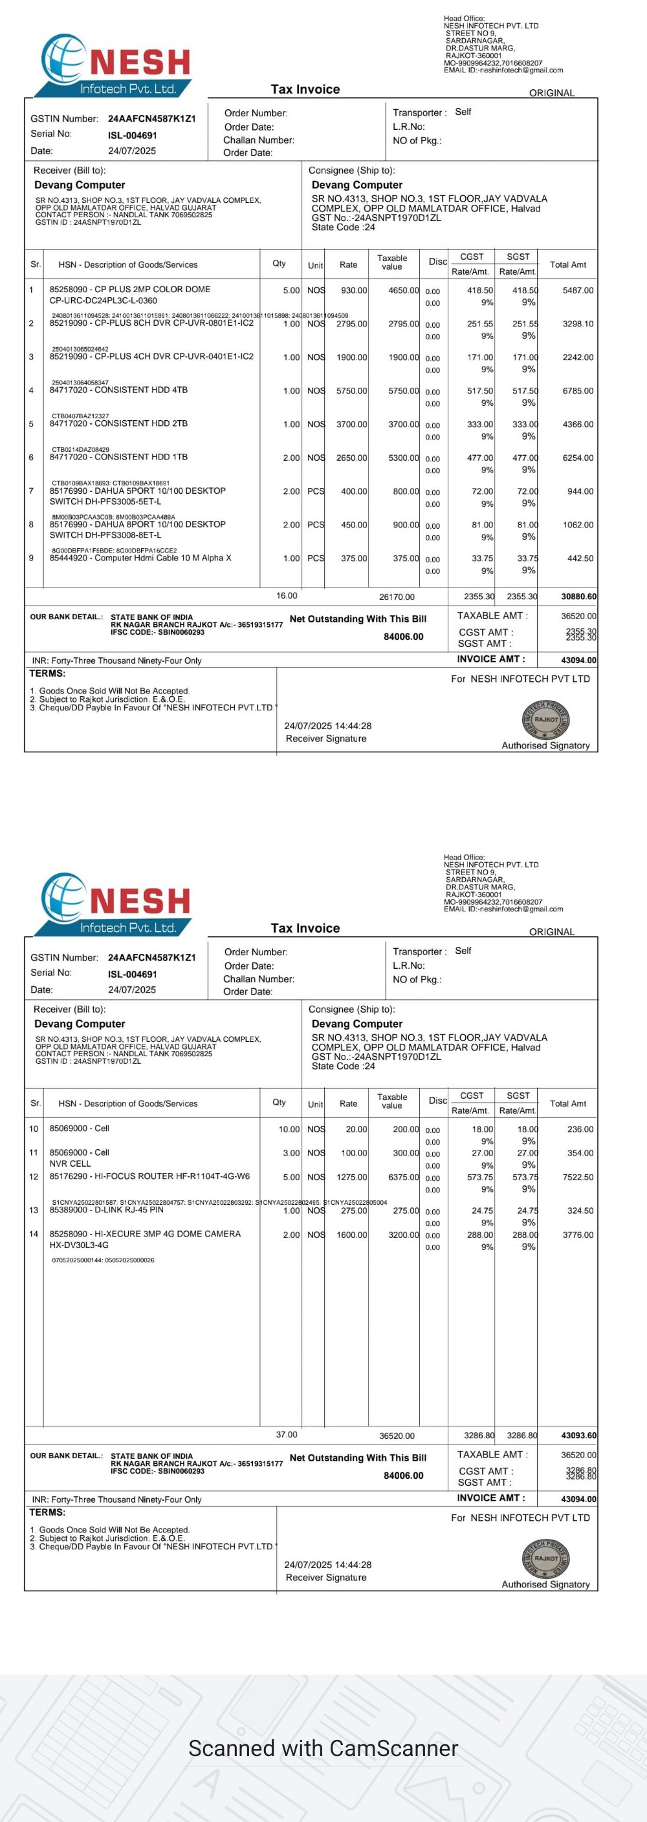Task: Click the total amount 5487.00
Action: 578,291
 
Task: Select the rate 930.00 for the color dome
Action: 353,291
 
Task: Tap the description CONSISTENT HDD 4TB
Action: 118,390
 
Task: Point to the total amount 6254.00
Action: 578,458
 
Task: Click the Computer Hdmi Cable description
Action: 140,558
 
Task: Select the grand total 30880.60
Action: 578,597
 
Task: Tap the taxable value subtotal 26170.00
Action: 397,597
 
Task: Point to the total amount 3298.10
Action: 578,324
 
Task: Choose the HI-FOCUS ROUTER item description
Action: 149,1177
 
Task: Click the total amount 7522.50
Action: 578,1178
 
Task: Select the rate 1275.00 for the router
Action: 351,1178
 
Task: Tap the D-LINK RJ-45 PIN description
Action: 106,1210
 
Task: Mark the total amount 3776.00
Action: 578,1236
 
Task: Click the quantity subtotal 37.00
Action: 287,1435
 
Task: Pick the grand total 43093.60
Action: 578,1435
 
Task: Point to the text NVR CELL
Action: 70,1163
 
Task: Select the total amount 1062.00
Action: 578,525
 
